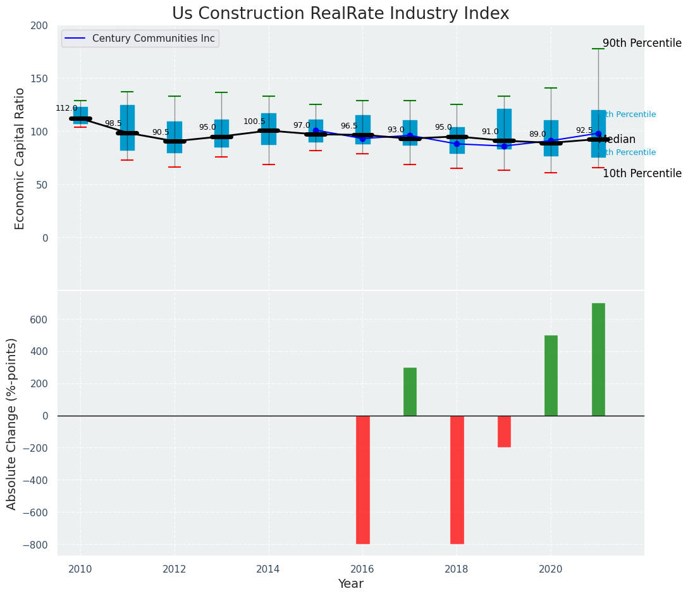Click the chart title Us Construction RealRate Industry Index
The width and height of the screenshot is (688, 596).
(x=340, y=14)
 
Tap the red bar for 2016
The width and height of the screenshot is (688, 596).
(x=363, y=479)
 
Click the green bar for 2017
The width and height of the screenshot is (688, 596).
(x=410, y=392)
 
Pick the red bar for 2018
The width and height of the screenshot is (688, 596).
(x=457, y=479)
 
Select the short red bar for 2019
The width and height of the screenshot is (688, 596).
(x=504, y=431)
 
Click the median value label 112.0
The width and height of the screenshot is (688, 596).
(x=66, y=108)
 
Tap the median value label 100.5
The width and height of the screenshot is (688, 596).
(x=254, y=121)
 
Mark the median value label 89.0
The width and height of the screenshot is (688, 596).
(x=537, y=134)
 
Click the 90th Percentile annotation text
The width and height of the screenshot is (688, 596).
(x=642, y=44)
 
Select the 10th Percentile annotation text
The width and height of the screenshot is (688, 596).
(x=642, y=173)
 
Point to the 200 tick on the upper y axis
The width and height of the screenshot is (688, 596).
(x=39, y=25)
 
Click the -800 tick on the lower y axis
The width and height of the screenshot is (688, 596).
(x=35, y=545)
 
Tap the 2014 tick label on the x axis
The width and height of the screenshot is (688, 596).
(x=269, y=569)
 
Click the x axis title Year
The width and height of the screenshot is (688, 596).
(x=350, y=584)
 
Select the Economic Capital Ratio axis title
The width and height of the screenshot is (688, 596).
(x=20, y=158)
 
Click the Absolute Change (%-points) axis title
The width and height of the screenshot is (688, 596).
(x=12, y=423)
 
